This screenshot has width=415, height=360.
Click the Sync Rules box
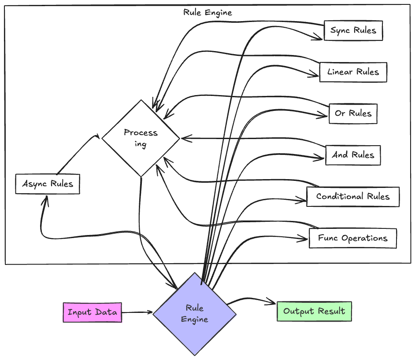[353, 31]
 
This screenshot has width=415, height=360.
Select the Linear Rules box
[353, 72]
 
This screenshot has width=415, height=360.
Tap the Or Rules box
[353, 114]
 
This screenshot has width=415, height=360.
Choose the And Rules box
[353, 155]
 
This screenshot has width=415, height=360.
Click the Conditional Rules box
[353, 196]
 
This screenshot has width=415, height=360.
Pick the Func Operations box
[352, 238]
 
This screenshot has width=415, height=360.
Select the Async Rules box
[48, 184]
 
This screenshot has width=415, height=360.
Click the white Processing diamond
[141, 138]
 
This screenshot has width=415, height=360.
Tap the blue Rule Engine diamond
[194, 313]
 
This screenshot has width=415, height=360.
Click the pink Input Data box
[92, 312]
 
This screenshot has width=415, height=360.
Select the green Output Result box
[314, 312]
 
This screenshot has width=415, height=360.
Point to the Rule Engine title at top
[207, 12]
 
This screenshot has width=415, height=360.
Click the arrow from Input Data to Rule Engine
[137, 312]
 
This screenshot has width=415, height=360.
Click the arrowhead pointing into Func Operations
[304, 239]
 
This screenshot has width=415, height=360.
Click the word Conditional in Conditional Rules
[335, 196]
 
